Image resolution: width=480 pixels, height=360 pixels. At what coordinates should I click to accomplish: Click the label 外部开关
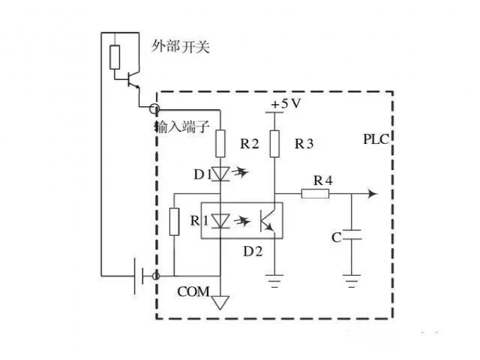181,47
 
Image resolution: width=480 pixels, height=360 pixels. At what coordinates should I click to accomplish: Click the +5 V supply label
286,104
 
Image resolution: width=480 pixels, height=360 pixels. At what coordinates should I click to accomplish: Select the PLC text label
376,139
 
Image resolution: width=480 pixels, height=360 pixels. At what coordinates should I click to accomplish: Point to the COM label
194,291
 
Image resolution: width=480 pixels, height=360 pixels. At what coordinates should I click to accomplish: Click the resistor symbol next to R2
221,143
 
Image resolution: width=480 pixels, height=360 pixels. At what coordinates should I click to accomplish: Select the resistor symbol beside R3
274,144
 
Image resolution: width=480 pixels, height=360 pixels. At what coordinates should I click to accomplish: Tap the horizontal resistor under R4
316,194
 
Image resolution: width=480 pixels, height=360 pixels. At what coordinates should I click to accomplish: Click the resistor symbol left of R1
174,222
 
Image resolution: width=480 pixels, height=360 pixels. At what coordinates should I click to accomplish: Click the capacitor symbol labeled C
352,235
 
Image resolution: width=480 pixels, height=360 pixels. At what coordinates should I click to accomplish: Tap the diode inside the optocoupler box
221,221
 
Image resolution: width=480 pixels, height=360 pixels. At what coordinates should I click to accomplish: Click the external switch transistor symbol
133,79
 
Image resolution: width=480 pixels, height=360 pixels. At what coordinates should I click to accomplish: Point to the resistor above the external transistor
115,57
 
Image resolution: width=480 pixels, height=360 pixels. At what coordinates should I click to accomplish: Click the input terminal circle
155,108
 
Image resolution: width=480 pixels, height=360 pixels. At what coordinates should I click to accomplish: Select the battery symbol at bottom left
139,276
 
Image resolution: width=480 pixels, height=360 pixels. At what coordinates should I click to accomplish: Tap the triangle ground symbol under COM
221,303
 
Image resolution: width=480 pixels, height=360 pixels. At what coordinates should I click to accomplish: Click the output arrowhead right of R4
372,193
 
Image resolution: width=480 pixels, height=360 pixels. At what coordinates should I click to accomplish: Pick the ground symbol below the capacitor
352,281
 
